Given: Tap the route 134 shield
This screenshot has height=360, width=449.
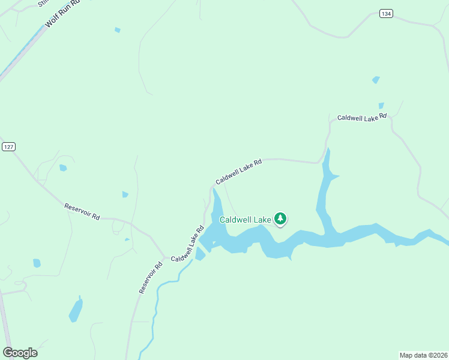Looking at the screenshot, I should (386, 14).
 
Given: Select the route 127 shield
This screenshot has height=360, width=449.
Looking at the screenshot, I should (8, 147).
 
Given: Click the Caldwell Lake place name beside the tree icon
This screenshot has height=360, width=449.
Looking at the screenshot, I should (245, 220).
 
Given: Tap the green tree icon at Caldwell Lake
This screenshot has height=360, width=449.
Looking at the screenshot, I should (280, 219).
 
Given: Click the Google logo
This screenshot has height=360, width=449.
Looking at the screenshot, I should (20, 353).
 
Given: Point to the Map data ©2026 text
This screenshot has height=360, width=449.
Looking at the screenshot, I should (423, 355).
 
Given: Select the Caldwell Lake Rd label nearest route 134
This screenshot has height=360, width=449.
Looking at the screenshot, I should (362, 118).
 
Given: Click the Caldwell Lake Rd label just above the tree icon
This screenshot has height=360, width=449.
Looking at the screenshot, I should (239, 170).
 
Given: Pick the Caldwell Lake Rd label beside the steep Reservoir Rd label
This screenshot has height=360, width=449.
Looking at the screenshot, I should (188, 243).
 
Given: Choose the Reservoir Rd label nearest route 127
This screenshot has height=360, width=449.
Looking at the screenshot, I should (82, 211).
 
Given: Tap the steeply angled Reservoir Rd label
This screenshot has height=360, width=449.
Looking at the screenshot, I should (151, 277).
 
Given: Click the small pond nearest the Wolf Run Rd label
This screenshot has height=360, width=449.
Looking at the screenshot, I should (118, 29).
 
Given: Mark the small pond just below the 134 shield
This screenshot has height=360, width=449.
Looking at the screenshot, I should (376, 79).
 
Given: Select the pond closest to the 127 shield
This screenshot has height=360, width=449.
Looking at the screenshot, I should (63, 168).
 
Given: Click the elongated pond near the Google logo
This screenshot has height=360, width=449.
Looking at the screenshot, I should (76, 310).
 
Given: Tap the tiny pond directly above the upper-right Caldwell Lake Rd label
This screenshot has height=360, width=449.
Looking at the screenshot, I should (381, 106).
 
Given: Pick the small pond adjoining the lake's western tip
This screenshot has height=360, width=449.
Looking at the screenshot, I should (200, 254).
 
